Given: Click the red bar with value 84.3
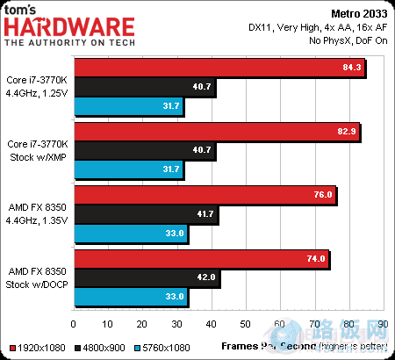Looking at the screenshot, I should (219, 68).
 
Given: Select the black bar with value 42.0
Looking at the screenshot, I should (147, 277).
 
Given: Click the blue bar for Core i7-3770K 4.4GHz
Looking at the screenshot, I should (129, 108).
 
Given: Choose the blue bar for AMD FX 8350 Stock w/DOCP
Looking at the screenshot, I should (132, 297).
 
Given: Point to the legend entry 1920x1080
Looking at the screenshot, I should (36, 346).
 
